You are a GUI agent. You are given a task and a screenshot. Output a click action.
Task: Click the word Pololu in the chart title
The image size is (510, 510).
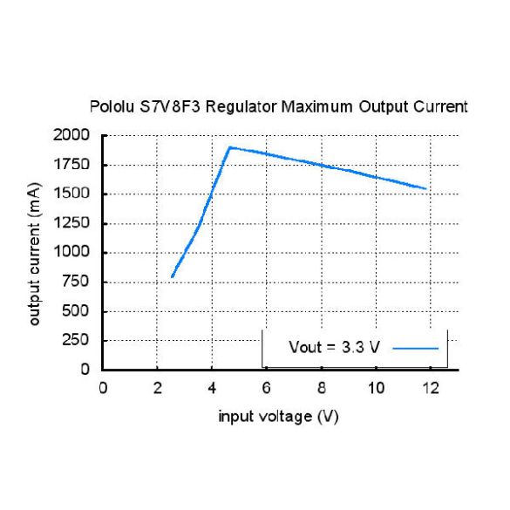click(111, 107)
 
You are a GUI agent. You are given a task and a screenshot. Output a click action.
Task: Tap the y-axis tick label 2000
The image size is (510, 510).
click(71, 135)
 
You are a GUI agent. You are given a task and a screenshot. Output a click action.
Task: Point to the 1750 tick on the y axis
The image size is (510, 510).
click(71, 165)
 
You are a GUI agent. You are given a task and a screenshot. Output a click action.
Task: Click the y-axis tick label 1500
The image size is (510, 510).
click(71, 194)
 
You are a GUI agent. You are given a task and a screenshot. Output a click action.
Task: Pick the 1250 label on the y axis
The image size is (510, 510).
click(71, 223)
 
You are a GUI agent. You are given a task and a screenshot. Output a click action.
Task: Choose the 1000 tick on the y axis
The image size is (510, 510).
click(71, 253)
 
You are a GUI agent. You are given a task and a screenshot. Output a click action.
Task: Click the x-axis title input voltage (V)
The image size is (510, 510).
click(278, 417)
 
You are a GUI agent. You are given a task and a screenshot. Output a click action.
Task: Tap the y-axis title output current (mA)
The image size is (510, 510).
click(35, 252)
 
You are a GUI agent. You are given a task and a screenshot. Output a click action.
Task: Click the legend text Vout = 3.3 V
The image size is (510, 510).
click(334, 347)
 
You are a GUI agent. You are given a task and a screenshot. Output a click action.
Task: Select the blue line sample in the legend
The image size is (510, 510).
click(415, 347)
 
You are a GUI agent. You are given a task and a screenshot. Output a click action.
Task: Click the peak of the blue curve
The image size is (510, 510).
click(229, 147)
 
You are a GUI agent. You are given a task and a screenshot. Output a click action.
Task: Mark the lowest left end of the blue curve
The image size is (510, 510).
click(173, 276)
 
